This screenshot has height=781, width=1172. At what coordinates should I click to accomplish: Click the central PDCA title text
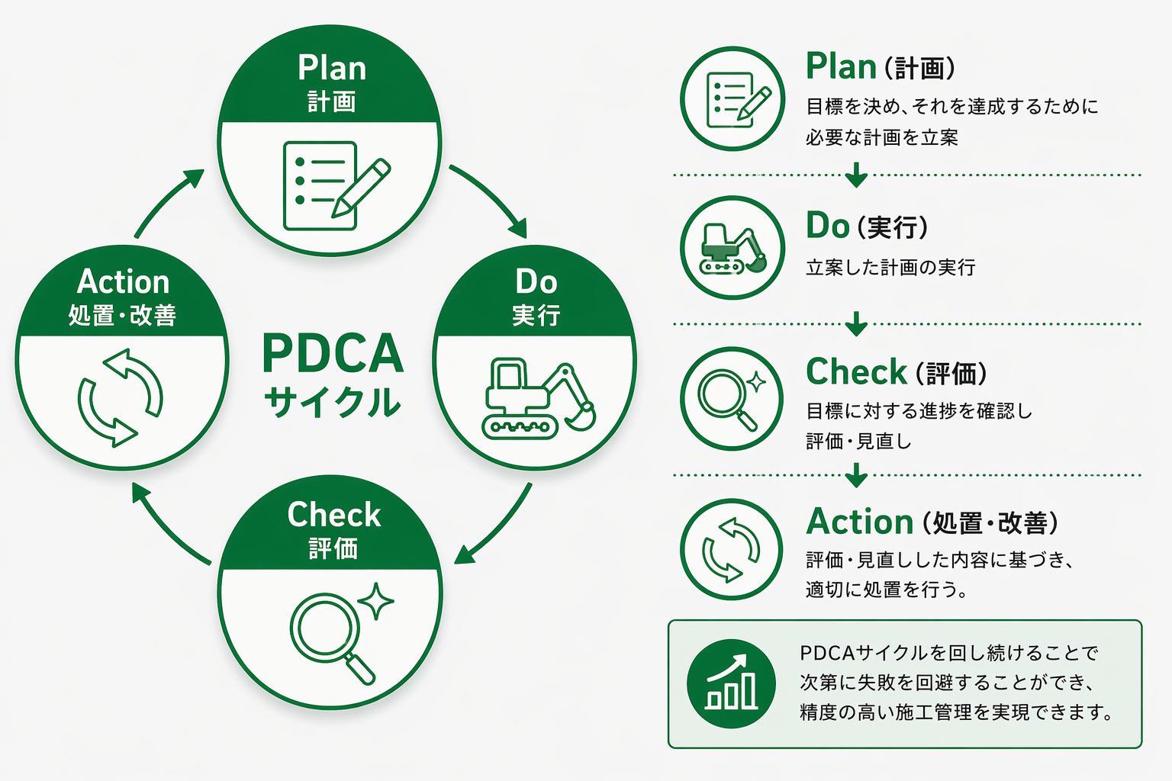[333, 353]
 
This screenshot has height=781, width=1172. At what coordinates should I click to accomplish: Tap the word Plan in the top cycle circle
[332, 68]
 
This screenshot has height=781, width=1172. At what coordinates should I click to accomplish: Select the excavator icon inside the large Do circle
[539, 398]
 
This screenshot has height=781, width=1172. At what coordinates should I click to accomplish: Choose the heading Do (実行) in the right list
[867, 226]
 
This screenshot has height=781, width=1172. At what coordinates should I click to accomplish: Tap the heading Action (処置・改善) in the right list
[932, 522]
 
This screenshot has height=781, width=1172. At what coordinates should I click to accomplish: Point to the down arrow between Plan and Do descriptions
[857, 175]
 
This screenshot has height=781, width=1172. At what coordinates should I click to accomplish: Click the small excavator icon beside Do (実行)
[732, 249]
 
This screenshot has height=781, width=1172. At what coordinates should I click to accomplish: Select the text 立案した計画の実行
[890, 267]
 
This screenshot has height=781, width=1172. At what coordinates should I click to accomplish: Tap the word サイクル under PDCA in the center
[333, 401]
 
